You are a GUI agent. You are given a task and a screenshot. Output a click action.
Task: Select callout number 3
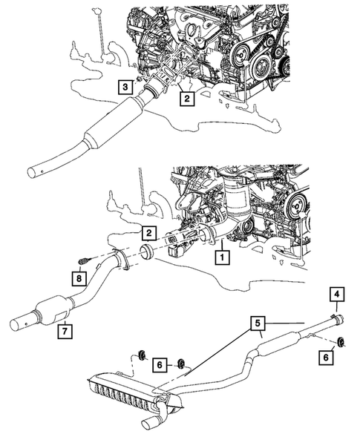tap(126, 87)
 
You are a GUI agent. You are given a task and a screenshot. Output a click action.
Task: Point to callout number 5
tap(256, 323)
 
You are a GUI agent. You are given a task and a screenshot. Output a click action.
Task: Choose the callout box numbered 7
tap(65, 329)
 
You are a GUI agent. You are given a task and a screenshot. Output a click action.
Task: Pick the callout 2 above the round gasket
tap(148, 234)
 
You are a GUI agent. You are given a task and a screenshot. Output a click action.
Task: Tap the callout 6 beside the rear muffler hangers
tap(159, 364)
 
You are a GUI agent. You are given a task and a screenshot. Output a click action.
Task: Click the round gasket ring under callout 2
tap(147, 253)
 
